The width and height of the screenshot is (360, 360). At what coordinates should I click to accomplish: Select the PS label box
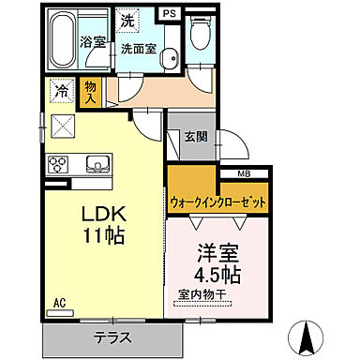click(x=170, y=14)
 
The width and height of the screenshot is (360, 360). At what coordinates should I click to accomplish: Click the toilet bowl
click(x=198, y=35)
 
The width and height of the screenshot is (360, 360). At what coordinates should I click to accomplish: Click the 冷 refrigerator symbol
click(x=61, y=92)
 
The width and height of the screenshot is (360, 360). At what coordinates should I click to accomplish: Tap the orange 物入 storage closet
click(x=91, y=91)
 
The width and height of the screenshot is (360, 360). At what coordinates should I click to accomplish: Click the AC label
click(x=59, y=302)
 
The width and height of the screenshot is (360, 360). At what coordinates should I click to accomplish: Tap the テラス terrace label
click(x=112, y=338)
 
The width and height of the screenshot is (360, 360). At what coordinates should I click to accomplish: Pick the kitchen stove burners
click(x=57, y=163)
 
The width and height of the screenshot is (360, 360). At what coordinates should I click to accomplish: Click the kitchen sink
click(x=97, y=164)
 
